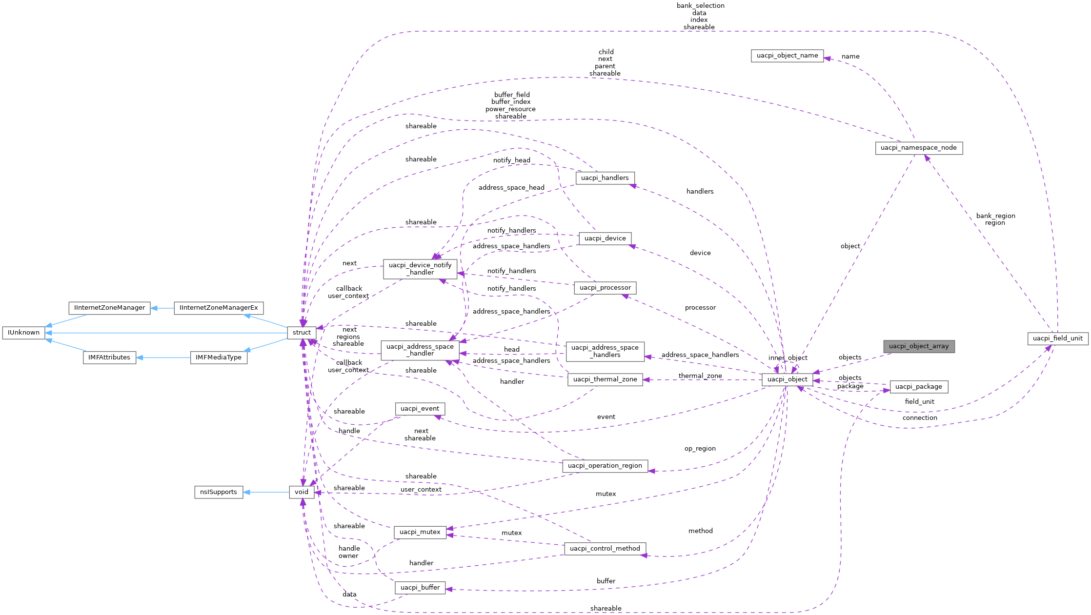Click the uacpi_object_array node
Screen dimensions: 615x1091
coord(918,346)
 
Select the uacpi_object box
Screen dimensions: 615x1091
coord(787,379)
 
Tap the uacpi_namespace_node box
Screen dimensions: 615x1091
coord(918,148)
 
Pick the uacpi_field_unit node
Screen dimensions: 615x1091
coord(1057,338)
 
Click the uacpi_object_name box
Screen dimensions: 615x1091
coord(787,56)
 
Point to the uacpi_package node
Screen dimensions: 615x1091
coord(918,387)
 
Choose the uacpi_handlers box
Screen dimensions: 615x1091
coord(605,178)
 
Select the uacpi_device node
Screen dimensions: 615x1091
coord(605,238)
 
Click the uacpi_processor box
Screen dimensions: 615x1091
coord(605,288)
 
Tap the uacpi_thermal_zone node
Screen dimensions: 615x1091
coord(605,379)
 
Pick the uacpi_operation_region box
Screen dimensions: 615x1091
coord(605,466)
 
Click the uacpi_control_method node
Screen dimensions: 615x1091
coord(605,549)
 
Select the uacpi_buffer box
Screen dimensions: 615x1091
coord(420,588)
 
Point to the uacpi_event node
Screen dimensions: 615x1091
coord(420,409)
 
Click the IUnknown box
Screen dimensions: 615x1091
coord(23,333)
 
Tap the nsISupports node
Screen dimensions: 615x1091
coord(218,492)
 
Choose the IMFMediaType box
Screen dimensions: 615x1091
coord(218,357)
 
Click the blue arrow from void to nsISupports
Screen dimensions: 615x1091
coord(266,492)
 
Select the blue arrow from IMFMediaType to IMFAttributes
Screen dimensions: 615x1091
coord(163,357)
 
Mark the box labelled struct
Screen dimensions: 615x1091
coord(302,333)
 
